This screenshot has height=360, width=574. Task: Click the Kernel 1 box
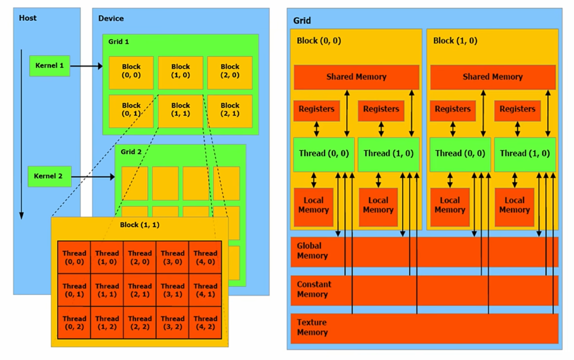(x=50, y=66)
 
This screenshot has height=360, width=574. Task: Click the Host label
(x=28, y=18)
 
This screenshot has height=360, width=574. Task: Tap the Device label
(x=111, y=18)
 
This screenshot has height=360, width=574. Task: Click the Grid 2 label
(x=131, y=152)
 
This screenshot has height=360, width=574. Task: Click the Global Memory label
(x=312, y=251)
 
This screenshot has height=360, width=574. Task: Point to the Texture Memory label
(x=312, y=327)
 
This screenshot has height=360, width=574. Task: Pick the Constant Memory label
(x=314, y=289)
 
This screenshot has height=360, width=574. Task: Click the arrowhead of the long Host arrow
(x=22, y=215)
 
